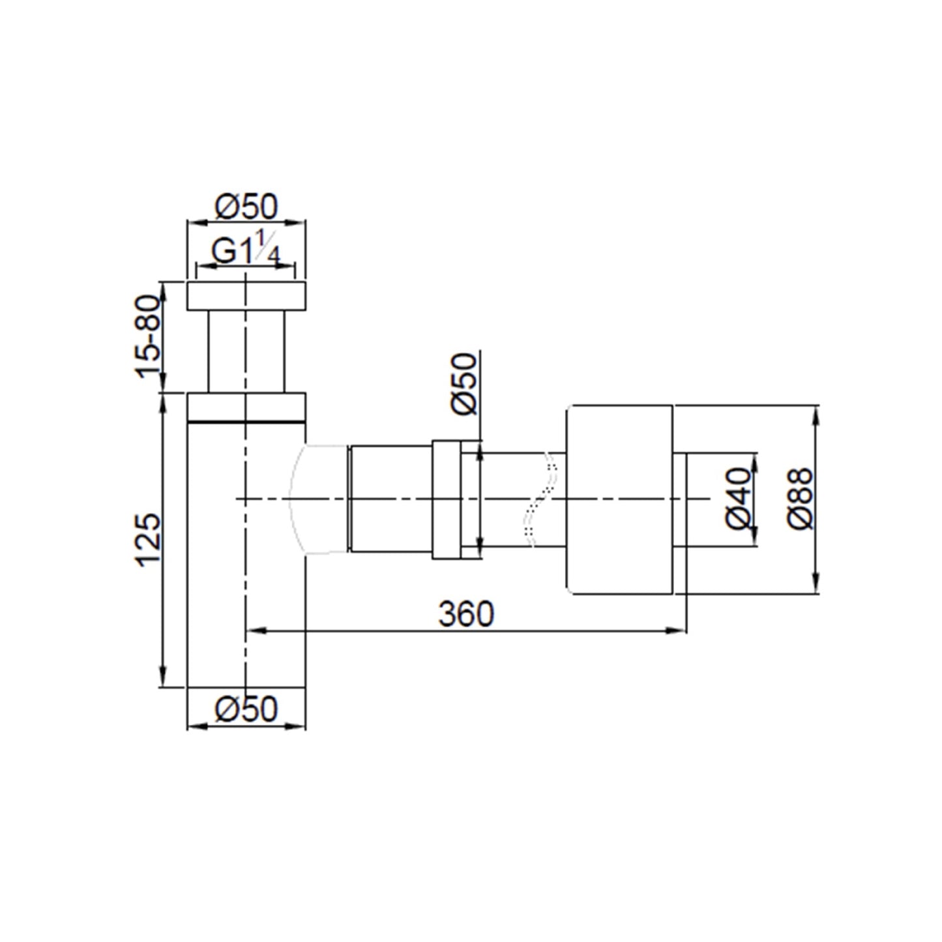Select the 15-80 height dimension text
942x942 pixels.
click(148, 337)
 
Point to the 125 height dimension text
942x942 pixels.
click(148, 540)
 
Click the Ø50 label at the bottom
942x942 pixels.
click(246, 709)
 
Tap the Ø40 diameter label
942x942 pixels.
click(738, 499)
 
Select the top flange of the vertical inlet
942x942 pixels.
click(246, 295)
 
